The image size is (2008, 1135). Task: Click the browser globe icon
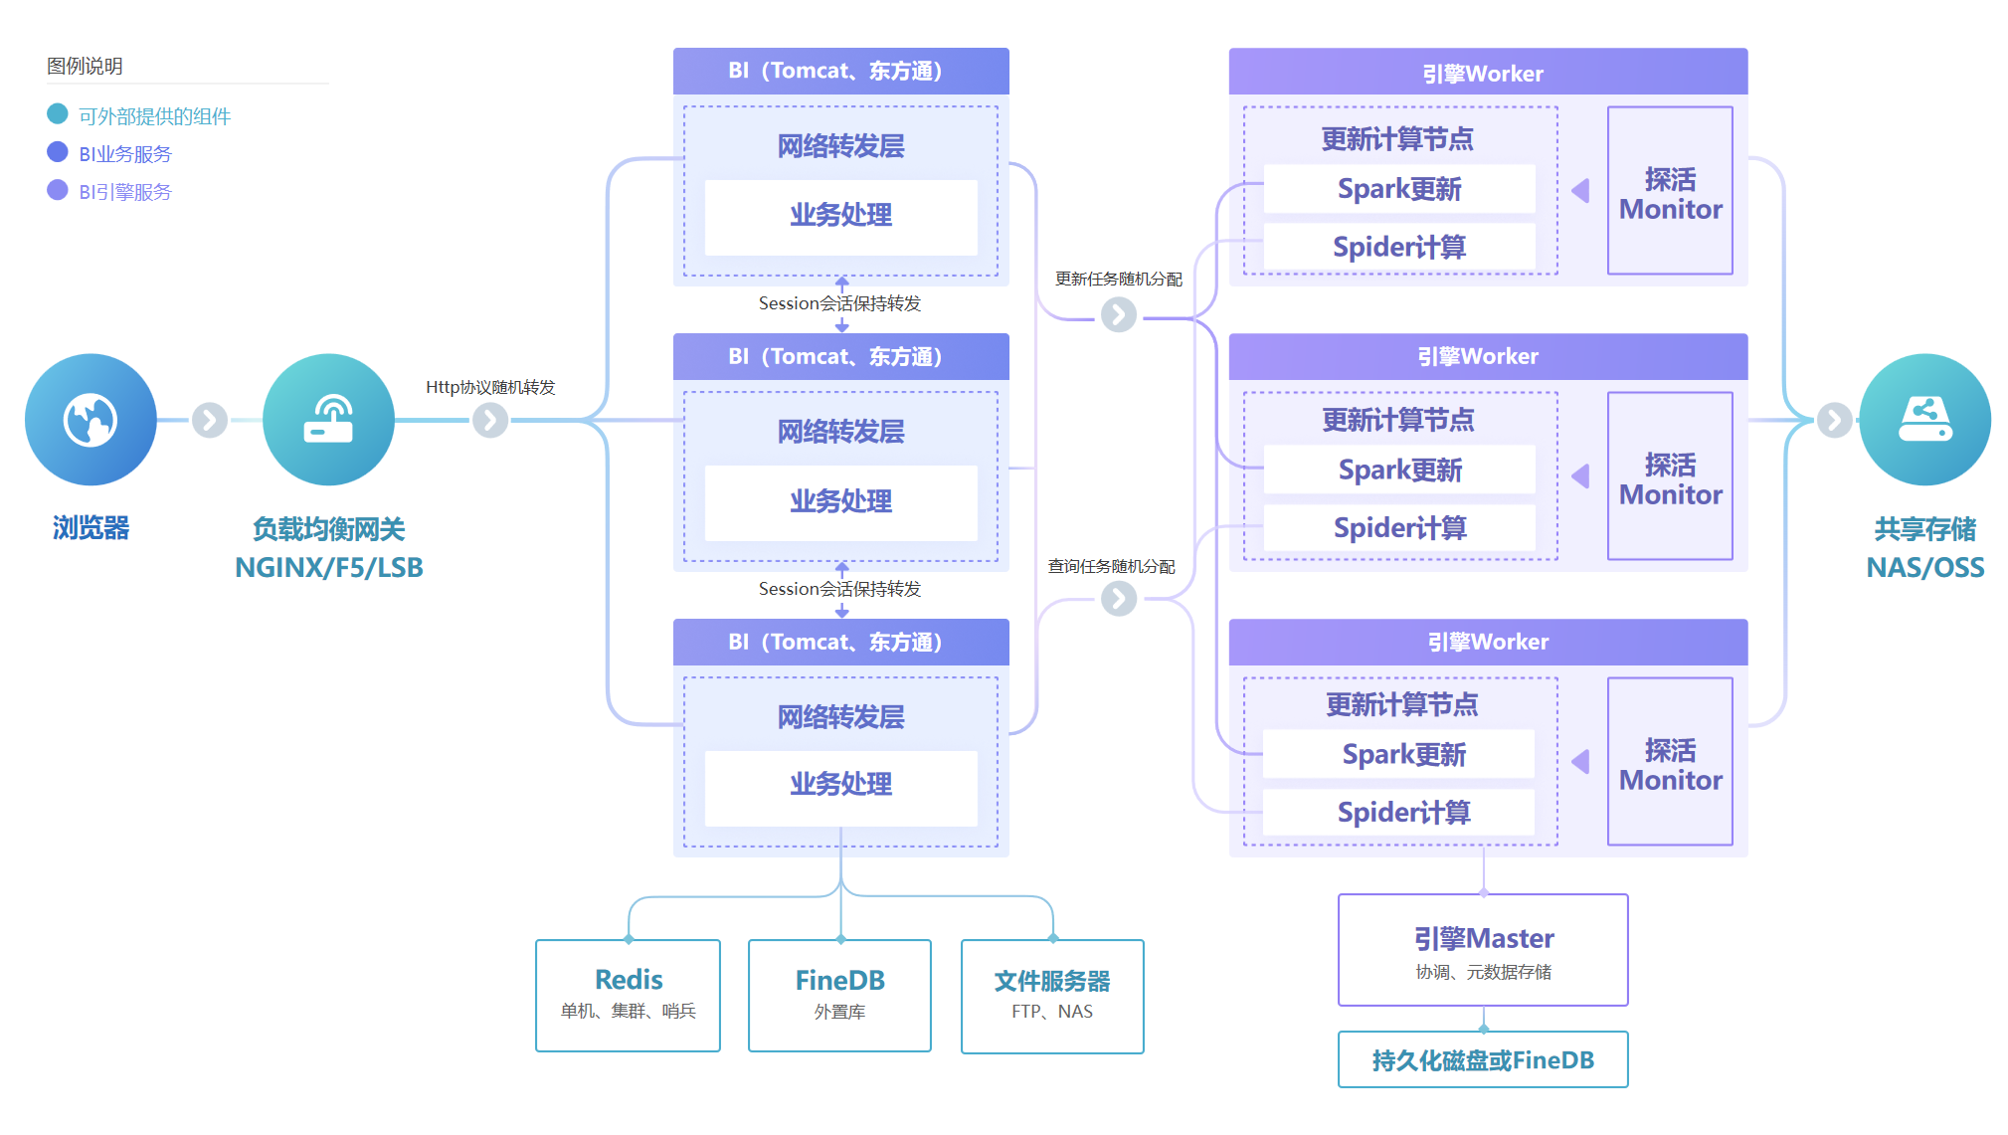coord(91,420)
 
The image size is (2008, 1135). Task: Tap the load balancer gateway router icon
coord(328,420)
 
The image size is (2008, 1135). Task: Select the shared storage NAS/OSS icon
coord(1924,420)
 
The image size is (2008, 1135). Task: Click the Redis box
coord(628,995)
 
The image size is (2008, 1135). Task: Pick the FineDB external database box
coord(839,995)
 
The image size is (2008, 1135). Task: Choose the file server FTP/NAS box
coord(1052,996)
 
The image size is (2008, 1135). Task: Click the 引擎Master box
coord(1483,949)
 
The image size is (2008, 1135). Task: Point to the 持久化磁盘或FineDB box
coord(1483,1059)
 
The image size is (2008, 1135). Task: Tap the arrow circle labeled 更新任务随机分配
coord(1119,315)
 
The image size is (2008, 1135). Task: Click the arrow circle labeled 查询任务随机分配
coord(1119,599)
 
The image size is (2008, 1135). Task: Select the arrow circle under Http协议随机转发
coord(490,420)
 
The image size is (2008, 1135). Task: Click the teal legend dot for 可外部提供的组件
coord(58,114)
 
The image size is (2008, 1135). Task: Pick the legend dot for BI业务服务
coord(58,152)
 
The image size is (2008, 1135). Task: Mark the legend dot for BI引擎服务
coord(58,190)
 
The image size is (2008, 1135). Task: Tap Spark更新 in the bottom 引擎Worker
coord(1402,754)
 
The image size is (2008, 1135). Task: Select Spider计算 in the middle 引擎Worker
coord(1399,527)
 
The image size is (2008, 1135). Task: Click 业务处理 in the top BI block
coord(841,216)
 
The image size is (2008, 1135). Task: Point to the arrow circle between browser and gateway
coord(210,420)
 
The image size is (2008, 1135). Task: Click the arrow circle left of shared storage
coord(1834,420)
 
